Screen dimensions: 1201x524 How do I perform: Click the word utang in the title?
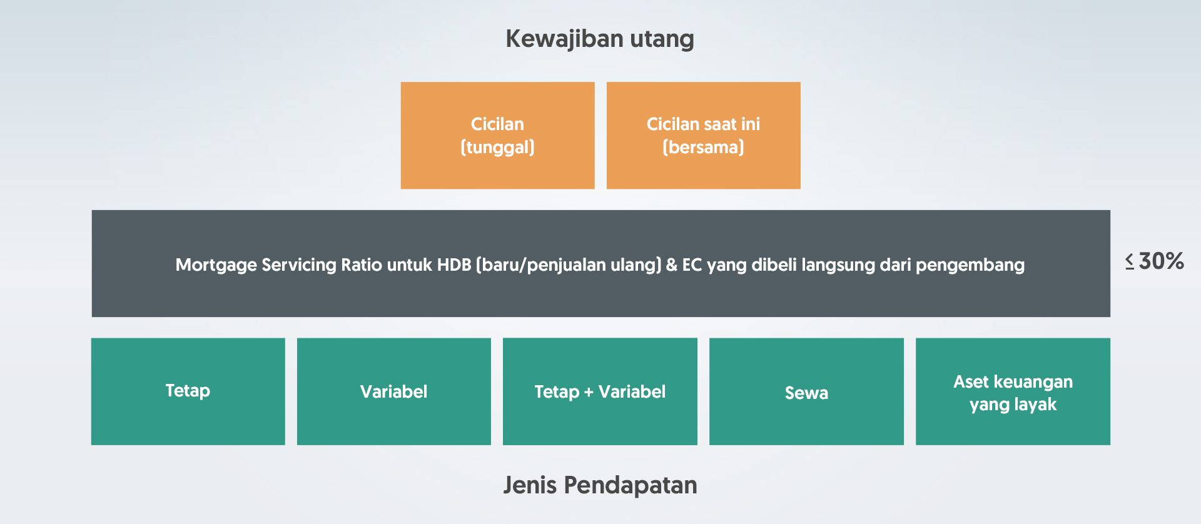click(662, 39)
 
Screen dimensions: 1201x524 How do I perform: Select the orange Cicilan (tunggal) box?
click(497, 135)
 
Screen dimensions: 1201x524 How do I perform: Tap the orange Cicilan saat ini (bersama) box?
click(703, 135)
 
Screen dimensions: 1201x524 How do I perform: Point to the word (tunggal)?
click(497, 148)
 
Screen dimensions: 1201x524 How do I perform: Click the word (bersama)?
click(703, 147)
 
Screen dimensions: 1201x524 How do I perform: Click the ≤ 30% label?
click(1154, 261)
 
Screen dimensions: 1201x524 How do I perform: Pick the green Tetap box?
click(188, 391)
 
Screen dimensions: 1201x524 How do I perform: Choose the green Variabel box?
click(394, 391)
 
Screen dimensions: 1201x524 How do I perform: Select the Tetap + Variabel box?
click(600, 391)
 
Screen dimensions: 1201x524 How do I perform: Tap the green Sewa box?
click(806, 391)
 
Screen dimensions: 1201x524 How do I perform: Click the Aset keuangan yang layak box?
click(1013, 391)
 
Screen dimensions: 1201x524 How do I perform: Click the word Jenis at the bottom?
click(530, 485)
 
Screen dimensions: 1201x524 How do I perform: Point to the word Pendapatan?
click(630, 486)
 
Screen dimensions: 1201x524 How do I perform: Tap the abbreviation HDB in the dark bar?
click(454, 265)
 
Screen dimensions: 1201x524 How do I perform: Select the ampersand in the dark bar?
click(671, 265)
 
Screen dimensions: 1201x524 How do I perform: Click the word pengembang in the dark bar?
click(970, 265)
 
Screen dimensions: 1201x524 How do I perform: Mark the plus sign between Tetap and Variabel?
click(589, 392)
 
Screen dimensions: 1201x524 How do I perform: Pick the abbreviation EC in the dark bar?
click(692, 265)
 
